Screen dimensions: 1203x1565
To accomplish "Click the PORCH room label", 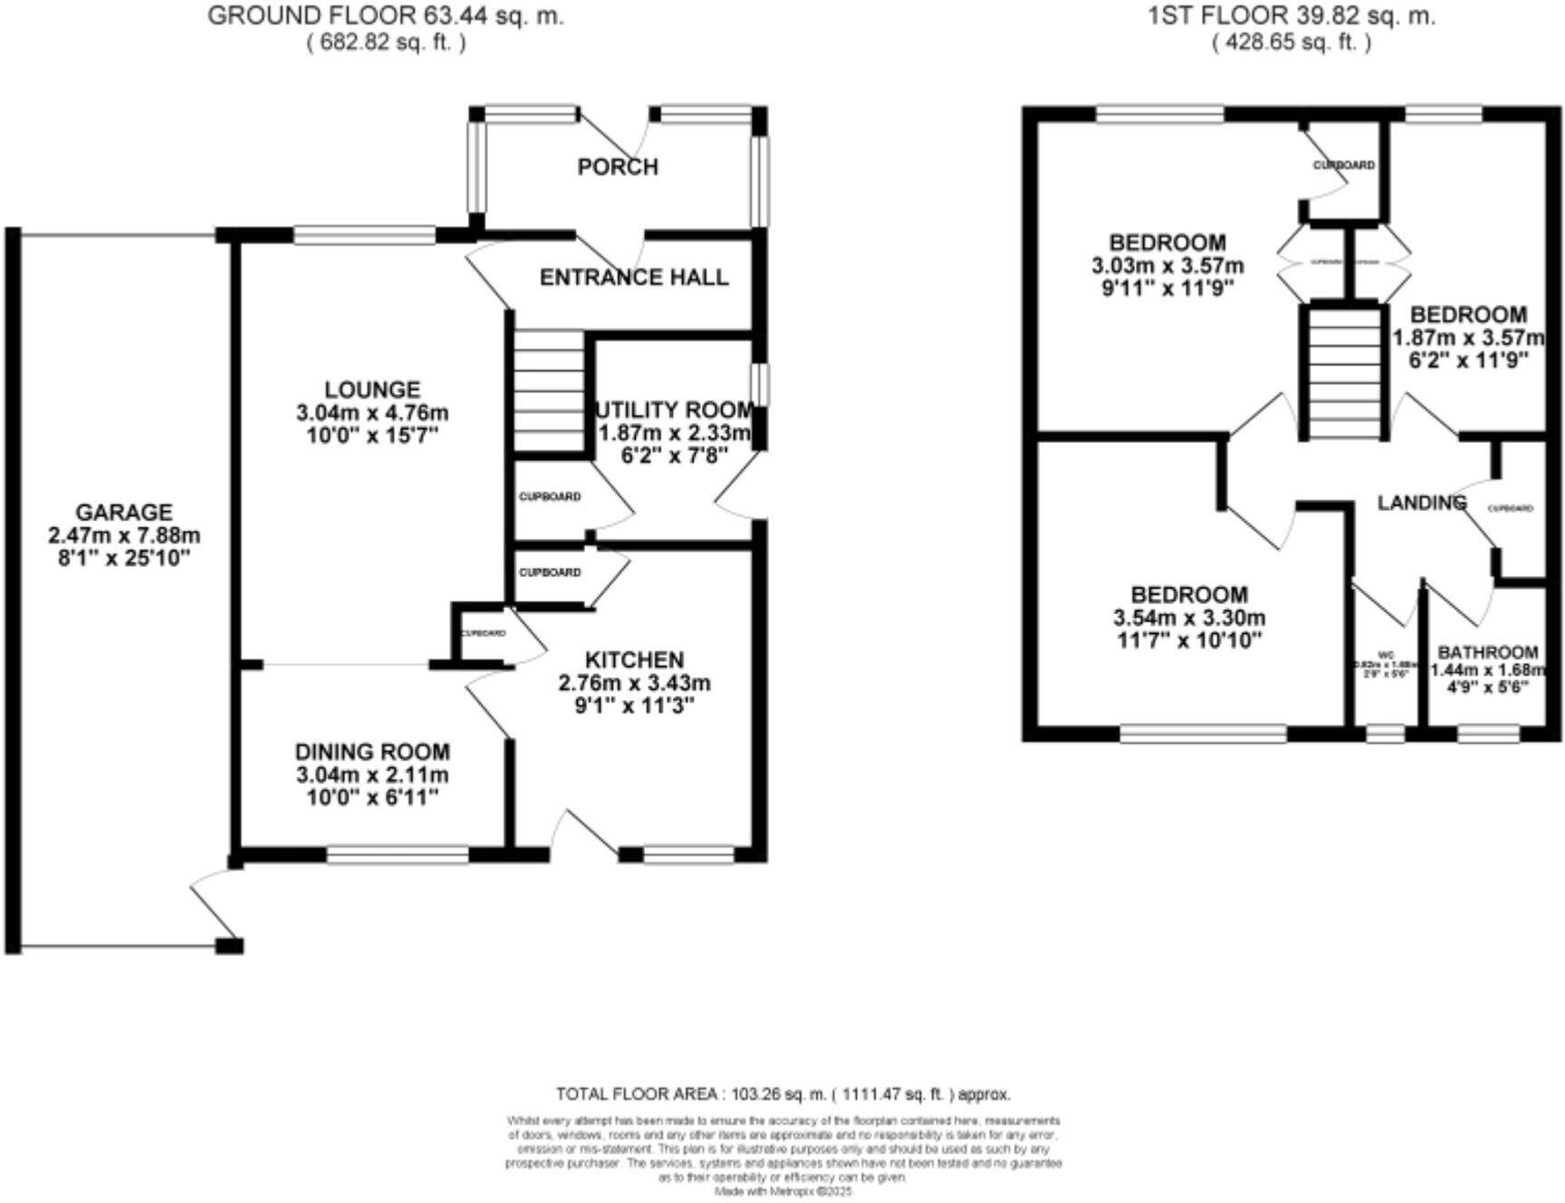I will point(618,167).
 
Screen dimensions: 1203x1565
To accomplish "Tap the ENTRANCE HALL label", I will point(634,277).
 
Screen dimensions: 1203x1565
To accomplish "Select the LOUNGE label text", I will point(372,390).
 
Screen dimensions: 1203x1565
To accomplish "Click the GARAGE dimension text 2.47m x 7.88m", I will point(124,535).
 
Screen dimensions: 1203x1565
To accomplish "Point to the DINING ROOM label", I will point(372,752).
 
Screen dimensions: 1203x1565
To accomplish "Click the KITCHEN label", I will point(634,659).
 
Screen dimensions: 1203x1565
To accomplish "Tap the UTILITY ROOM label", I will point(676,409).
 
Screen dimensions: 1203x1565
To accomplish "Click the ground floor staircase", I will point(549,390).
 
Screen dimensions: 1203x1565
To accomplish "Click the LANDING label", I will point(1421,503).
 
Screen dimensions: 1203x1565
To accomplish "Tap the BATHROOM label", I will point(1487,652).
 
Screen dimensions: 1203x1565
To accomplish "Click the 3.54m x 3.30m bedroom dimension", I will point(1189,619).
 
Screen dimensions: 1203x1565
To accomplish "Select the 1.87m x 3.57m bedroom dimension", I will point(1467,338).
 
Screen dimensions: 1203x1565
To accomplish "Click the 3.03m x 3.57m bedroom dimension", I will point(1167,266).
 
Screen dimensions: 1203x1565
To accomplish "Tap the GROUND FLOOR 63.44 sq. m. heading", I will point(385,15).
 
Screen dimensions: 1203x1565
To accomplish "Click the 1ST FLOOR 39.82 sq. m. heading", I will point(1291,15).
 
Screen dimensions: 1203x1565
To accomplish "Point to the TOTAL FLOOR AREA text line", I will point(782,1094).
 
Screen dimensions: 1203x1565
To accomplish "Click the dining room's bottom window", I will point(398,854).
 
